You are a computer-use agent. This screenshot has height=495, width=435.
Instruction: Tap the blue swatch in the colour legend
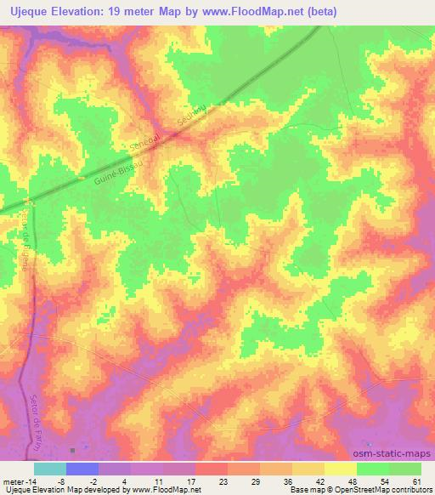[x=82, y=469]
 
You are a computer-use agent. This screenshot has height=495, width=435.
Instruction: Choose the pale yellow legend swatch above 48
[x=341, y=469]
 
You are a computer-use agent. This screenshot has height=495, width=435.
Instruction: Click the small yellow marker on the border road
[x=81, y=179]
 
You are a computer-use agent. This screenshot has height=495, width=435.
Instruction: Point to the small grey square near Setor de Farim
[x=73, y=450]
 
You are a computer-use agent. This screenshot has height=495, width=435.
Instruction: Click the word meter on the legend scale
[x=13, y=481]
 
